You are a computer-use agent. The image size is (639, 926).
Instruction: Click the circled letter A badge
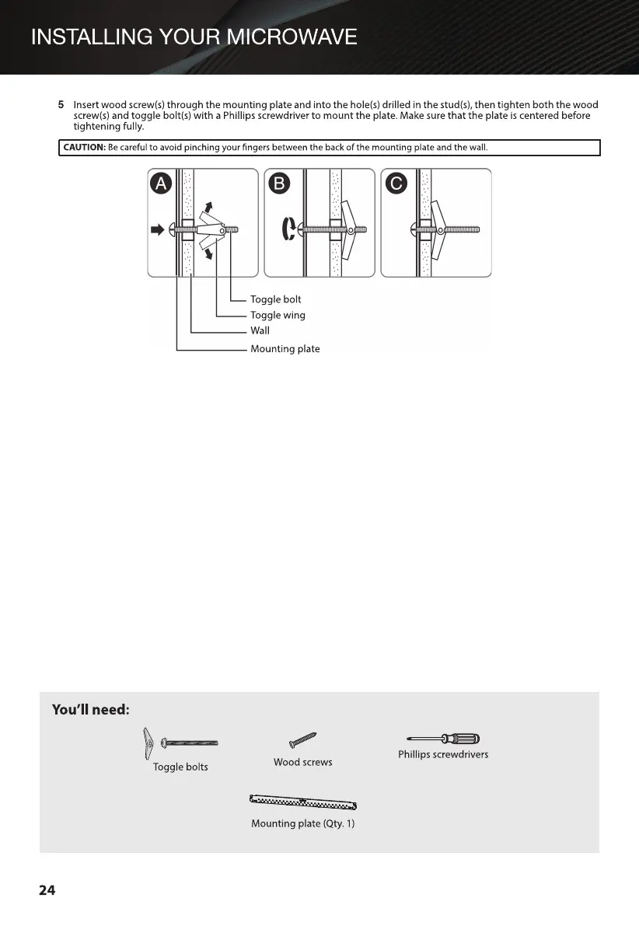[161, 184]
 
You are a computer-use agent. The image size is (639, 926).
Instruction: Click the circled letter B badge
[278, 184]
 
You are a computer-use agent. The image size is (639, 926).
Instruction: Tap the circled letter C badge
[396, 184]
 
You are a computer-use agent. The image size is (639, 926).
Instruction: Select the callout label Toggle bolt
[275, 299]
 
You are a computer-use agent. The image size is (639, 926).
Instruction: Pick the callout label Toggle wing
[278, 315]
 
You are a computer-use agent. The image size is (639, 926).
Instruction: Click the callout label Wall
[260, 330]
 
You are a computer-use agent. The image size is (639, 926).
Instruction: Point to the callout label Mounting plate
[285, 349]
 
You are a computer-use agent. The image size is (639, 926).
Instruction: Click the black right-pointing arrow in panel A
[157, 229]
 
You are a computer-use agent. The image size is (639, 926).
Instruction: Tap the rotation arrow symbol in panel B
[287, 229]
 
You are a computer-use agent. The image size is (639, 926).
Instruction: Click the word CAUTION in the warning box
[84, 148]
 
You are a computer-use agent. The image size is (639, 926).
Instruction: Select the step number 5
[61, 104]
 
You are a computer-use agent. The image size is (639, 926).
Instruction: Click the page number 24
[47, 890]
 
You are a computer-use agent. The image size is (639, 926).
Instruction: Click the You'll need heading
[90, 710]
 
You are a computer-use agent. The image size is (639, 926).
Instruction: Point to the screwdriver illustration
[443, 739]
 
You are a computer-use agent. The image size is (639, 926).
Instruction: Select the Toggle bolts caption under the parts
[180, 767]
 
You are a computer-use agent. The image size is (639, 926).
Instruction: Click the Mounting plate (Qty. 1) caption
[302, 823]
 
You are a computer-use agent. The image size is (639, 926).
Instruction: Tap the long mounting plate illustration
[302, 802]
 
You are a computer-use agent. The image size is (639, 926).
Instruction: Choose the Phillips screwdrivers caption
[443, 754]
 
